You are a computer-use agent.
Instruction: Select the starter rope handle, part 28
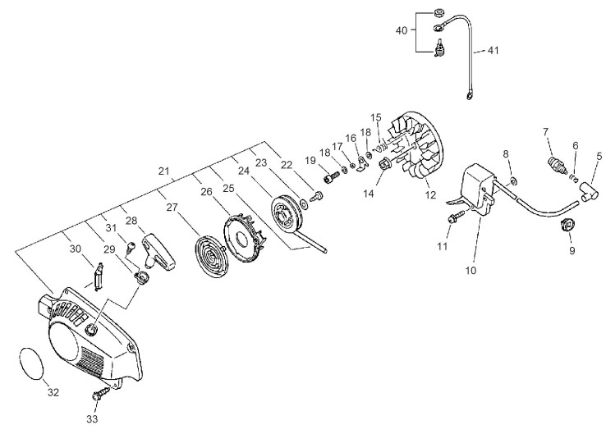(158, 251)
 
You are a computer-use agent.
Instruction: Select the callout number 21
(164, 171)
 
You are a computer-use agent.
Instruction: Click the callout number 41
(493, 51)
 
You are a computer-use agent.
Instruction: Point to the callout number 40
(402, 30)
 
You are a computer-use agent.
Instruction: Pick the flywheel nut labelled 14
(383, 164)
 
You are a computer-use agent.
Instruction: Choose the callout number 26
(206, 191)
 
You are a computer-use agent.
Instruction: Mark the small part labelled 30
(99, 276)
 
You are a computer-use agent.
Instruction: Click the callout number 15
(376, 117)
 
